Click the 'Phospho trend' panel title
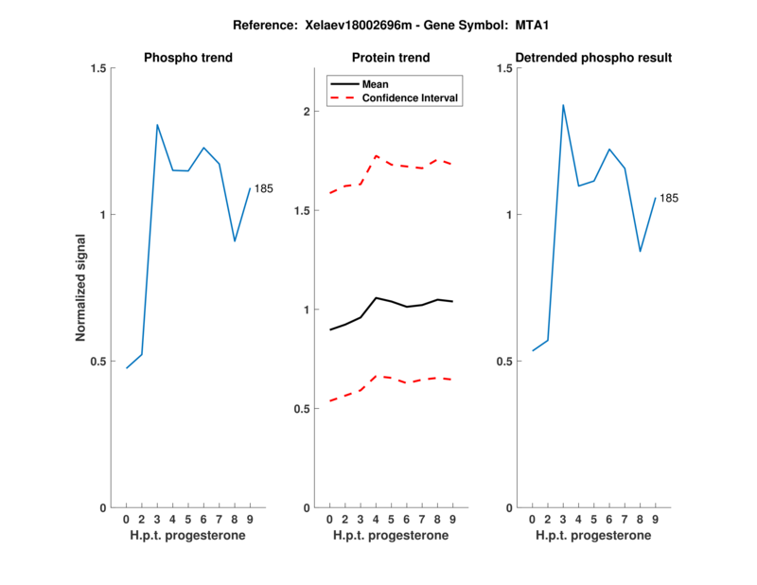coord(187,58)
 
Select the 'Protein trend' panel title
coord(390,58)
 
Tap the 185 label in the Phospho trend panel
coord(263,188)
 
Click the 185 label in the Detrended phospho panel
coord(669,198)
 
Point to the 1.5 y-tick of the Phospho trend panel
coord(96,68)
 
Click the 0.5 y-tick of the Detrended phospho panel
coord(502,362)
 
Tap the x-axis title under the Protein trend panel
coord(390,536)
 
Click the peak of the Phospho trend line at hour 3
coord(157,125)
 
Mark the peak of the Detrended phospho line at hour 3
coord(563,105)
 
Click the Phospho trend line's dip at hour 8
coord(235,241)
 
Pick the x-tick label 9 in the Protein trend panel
coord(452,519)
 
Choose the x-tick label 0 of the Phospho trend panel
coord(126,519)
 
